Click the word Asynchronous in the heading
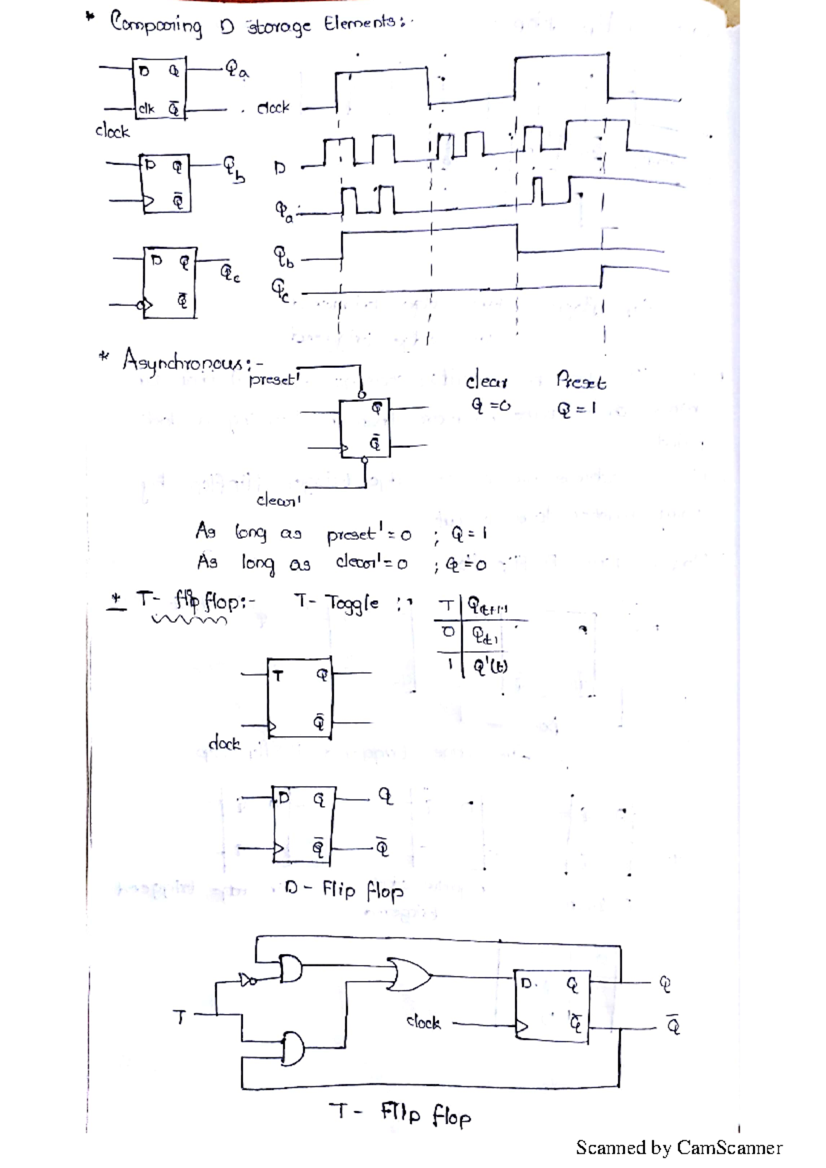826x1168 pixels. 182,361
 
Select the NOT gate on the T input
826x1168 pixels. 246,980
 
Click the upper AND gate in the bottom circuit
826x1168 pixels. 290,969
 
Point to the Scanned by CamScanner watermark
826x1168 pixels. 679,1147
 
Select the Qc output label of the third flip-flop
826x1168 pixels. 230,273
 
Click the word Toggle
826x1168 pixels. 352,604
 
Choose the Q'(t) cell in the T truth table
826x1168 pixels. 490,666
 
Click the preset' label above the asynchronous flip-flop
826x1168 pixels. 274,379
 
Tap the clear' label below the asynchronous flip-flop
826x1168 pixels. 278,500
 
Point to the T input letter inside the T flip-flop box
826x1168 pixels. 277,676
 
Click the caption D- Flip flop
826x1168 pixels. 344,890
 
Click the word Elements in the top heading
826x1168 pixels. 360,24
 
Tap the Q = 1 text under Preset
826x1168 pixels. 576,409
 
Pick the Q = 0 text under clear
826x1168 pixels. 490,406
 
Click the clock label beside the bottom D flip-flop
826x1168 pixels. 423,1022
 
